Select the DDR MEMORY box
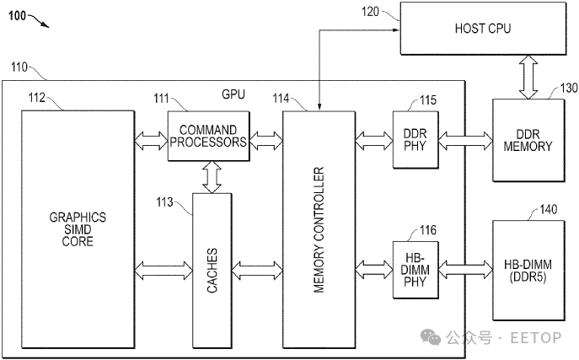[x=528, y=140]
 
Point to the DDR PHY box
[x=412, y=139]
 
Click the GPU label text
[x=233, y=94]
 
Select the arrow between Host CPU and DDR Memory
[x=529, y=77]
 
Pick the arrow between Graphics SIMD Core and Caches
[x=164, y=271]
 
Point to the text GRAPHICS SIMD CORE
[x=78, y=228]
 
